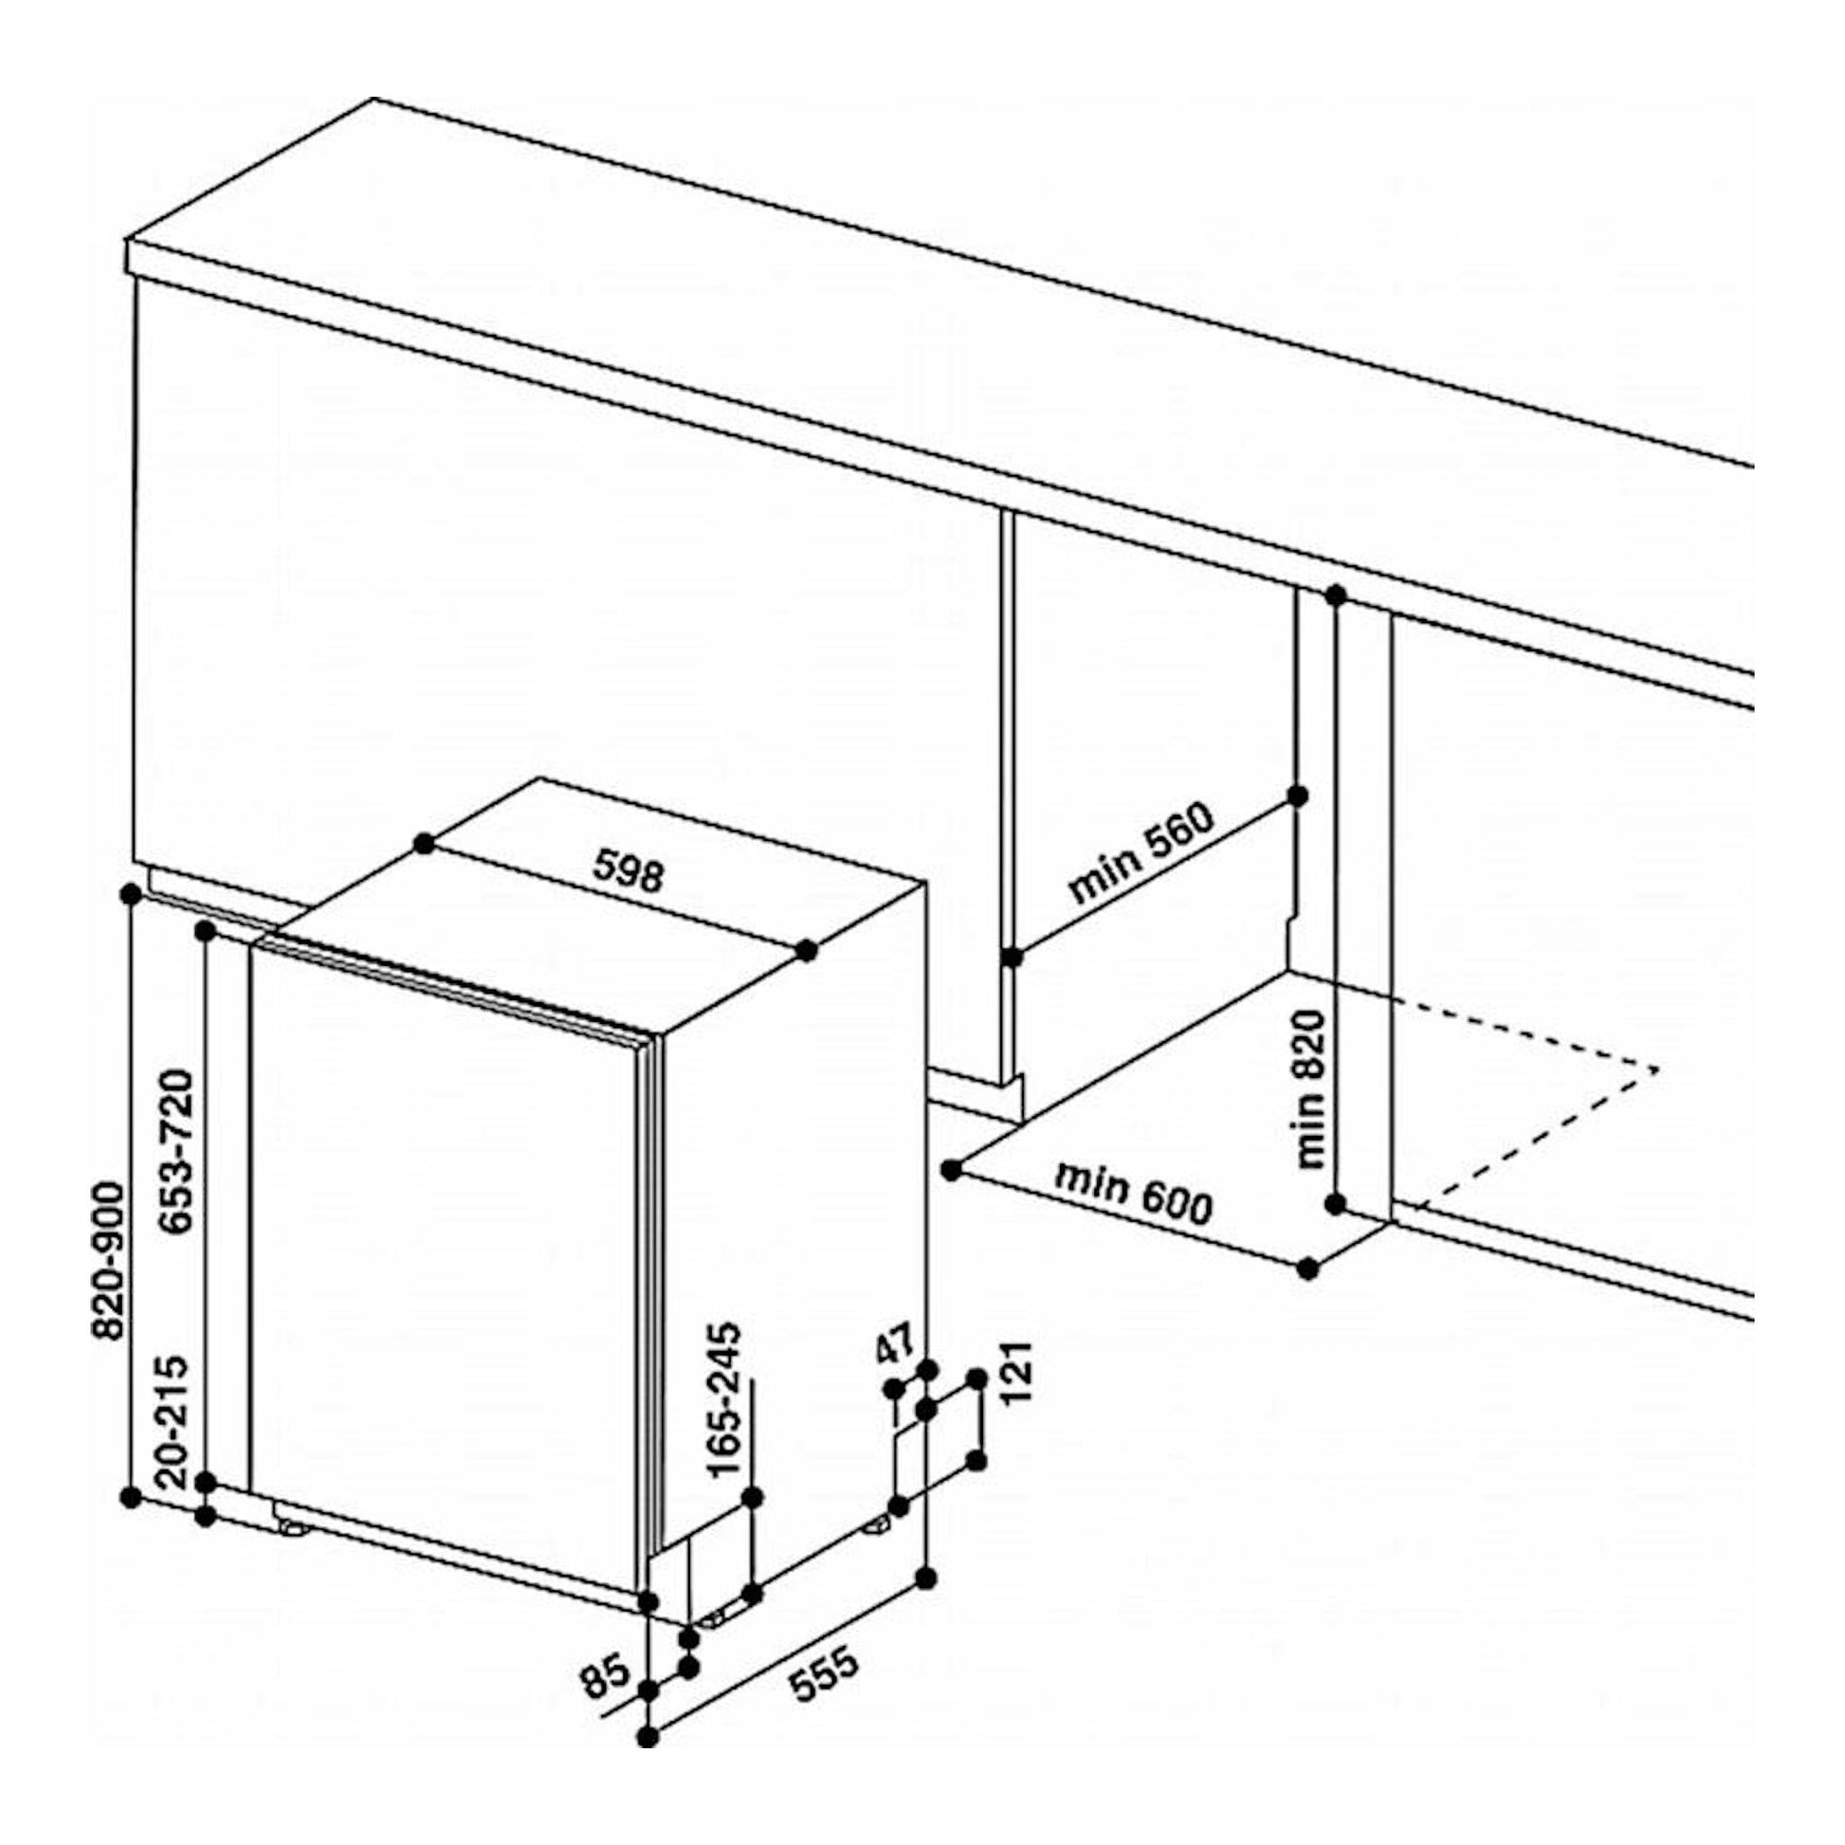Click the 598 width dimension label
628,870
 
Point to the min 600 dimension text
1133,1193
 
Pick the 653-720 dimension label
178,1152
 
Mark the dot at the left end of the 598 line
425,842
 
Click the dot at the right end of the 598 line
807,950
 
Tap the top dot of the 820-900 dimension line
132,894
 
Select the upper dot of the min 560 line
1297,795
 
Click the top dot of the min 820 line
1336,596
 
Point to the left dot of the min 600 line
949,1169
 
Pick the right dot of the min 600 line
1308,1270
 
